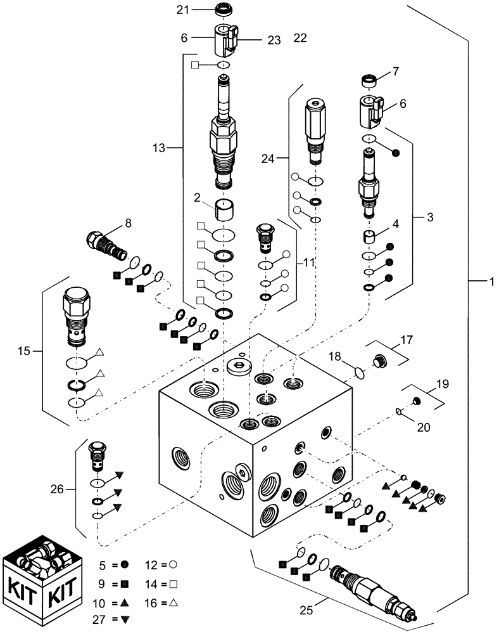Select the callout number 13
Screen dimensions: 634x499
click(159, 148)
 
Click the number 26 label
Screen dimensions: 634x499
click(58, 489)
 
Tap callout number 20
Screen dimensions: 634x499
click(423, 427)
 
